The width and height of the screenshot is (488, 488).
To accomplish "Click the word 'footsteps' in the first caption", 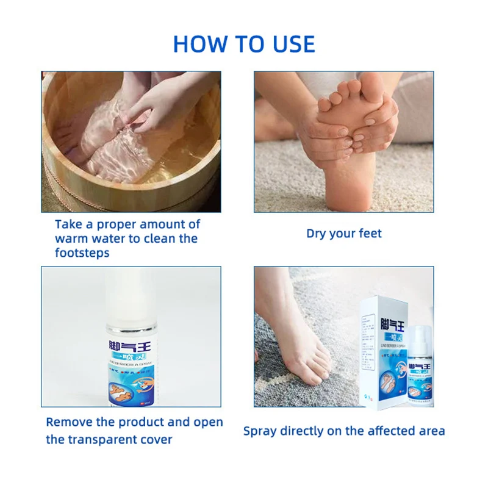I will [82, 253].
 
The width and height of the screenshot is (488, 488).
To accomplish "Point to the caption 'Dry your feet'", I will [343, 234].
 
